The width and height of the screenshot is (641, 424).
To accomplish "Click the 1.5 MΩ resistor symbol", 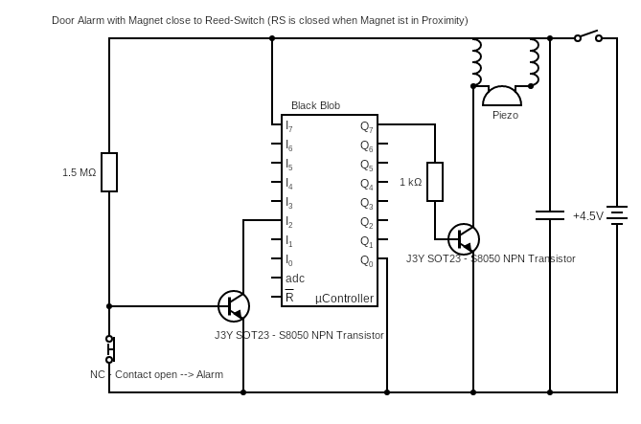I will point(109,172).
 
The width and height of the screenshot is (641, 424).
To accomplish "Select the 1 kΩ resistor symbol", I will point(435,182).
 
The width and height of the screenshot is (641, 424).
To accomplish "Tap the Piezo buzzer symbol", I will point(502,96).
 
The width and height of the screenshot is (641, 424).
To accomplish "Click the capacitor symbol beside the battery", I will point(550,215).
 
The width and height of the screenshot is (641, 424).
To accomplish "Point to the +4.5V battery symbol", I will point(617,215).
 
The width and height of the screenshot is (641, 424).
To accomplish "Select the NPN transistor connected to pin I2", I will point(234,306).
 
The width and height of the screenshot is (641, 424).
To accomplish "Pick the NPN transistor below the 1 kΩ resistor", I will point(464,239).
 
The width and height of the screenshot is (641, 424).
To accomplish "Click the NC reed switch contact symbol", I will point(110,349).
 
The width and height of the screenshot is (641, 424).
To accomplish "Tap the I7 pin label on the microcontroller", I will point(289,126).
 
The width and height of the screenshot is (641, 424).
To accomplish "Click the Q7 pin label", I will point(366,126).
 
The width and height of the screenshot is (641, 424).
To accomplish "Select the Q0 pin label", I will point(366,260).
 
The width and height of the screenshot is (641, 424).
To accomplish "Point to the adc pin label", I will point(295,279).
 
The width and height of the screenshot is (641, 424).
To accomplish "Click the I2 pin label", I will point(289,222).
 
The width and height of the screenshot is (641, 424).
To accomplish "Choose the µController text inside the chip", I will point(344,299).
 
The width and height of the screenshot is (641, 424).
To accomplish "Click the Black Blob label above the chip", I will point(315,105).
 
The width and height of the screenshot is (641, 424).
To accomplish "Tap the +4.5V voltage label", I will point(587,216).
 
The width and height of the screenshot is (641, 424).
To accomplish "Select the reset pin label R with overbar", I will point(289,298).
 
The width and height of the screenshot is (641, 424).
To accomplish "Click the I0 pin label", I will point(289,260).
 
